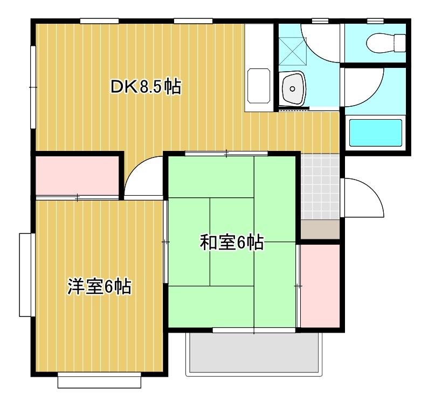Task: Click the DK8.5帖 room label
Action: [x=146, y=86]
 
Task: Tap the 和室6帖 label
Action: [x=231, y=243]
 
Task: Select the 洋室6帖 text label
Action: [x=100, y=286]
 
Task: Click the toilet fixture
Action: [x=386, y=41]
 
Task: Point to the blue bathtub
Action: [x=376, y=133]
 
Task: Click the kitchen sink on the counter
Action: [x=258, y=86]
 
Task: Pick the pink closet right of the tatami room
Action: [x=319, y=285]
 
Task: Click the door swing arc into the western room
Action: [x=143, y=178]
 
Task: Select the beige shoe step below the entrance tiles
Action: [x=320, y=230]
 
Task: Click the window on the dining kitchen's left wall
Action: [x=32, y=86]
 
